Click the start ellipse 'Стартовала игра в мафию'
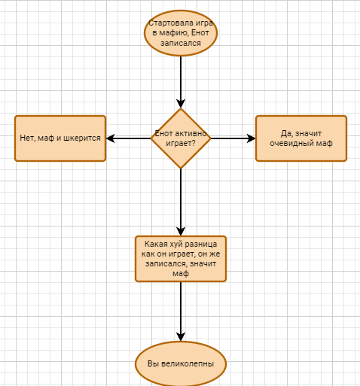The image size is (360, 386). pos(181,33)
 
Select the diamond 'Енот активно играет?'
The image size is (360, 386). pos(181,138)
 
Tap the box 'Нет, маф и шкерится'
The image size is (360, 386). pos(60,138)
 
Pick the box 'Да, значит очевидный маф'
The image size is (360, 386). pos(301,138)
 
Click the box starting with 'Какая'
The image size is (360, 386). pos(181,259)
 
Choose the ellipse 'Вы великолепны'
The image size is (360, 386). pos(181,363)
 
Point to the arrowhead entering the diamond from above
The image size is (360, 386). pos(181,104)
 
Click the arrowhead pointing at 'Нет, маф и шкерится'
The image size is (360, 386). pos(111,138)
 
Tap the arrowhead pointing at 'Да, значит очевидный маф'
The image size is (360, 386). pos(251,138)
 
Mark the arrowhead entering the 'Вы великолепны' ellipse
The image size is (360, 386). pos(181,337)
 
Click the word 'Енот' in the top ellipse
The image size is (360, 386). pos(200,33)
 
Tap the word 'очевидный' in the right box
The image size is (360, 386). pos(290,144)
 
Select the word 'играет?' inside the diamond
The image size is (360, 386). pos(181,144)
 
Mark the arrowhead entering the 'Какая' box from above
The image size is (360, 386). pos(181,231)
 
